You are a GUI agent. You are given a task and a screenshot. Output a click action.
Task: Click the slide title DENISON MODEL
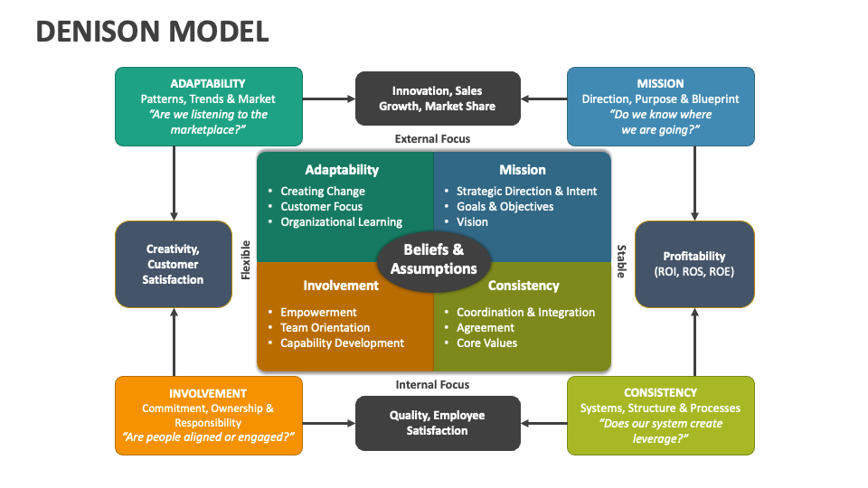tap(152, 32)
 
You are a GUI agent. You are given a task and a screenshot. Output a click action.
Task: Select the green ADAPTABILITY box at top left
tap(208, 107)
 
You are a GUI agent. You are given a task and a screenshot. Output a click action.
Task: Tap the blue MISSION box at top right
tap(660, 107)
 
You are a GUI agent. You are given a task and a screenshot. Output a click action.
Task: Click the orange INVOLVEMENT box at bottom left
tap(208, 416)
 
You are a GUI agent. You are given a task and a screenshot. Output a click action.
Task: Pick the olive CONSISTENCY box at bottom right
tap(660, 416)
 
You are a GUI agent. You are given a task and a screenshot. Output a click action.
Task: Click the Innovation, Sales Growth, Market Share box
tap(437, 99)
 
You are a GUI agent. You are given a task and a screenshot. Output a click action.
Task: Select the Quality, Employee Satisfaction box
tap(437, 423)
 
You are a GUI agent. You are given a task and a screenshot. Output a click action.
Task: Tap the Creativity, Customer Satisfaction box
tap(173, 264)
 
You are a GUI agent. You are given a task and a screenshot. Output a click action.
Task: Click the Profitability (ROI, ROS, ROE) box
tap(693, 264)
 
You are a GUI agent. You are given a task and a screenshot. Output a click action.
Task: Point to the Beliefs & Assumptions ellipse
tap(433, 259)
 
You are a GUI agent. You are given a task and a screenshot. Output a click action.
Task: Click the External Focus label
tap(432, 139)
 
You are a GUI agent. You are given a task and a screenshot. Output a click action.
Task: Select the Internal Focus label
tap(432, 385)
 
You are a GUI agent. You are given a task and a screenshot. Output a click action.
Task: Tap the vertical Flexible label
tap(245, 260)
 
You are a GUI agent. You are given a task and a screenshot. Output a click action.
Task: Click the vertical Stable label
tap(621, 260)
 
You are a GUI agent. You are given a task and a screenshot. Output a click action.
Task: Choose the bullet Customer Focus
tap(321, 207)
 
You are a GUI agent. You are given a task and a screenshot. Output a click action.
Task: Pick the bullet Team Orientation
tap(325, 328)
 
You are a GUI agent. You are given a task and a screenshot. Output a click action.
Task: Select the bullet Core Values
tap(486, 343)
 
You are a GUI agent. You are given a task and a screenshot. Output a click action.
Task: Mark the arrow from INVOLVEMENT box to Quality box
tap(328, 423)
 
